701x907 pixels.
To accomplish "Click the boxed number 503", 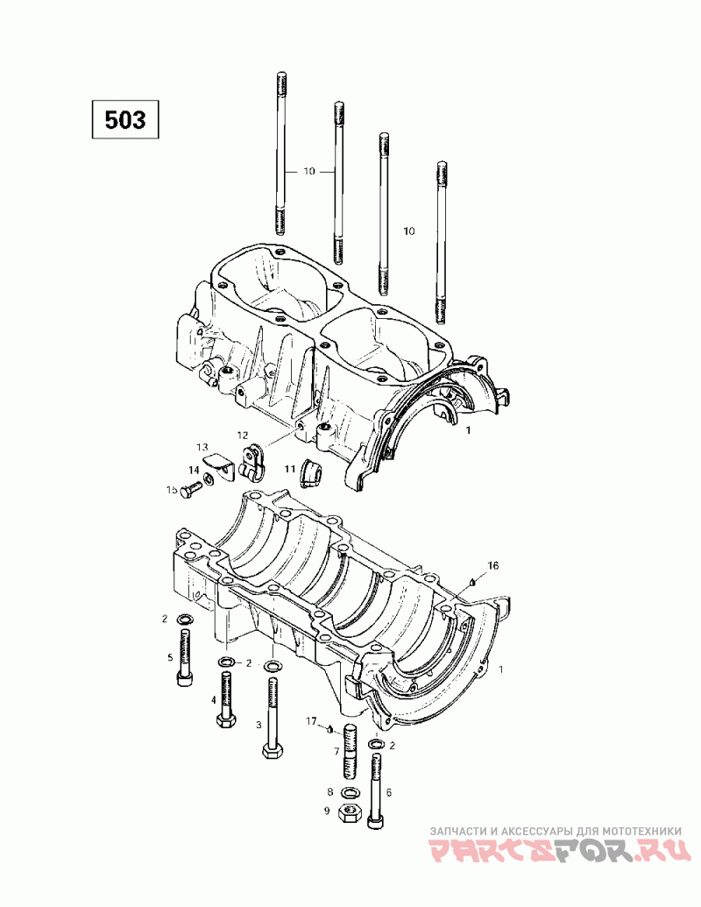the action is tap(125, 119).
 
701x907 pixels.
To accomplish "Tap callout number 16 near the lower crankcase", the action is tap(492, 566).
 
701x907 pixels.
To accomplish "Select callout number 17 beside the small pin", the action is tap(311, 720).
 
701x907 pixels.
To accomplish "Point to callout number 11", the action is tap(289, 469).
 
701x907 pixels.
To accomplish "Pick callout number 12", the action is tap(242, 435).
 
